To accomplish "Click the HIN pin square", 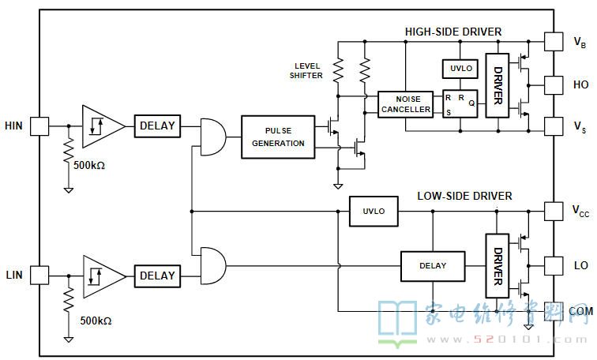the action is tap(39, 126).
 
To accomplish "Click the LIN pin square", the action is tap(39, 276).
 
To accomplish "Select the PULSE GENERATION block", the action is tap(278, 137).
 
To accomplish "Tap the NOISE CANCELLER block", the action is tap(405, 104).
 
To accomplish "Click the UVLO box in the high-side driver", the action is tap(460, 69).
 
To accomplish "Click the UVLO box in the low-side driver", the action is tap(374, 212).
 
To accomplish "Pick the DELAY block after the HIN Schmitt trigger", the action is tap(157, 126).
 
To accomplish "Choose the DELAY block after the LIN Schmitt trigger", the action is tap(157, 276).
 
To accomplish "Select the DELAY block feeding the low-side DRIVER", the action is tap(433, 266).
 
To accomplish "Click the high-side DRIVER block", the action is tap(497, 85).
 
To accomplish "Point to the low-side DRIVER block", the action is tap(497, 266).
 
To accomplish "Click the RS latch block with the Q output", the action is tap(460, 103).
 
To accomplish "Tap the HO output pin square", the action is tap(554, 85).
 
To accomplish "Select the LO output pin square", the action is tap(554, 265).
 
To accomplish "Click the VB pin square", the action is tap(554, 42).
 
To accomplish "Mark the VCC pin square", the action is tap(554, 212).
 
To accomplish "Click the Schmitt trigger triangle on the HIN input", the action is tap(102, 126).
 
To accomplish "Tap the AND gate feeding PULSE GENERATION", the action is tap(213, 137).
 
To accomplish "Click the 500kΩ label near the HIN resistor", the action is tap(89, 166).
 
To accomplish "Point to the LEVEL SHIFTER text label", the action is tap(306, 71).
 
